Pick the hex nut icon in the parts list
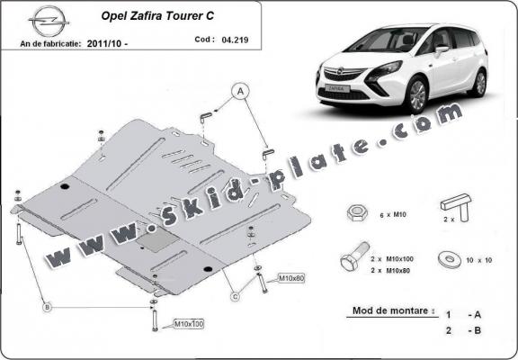point(355,212)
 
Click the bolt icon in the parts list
point(352,259)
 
